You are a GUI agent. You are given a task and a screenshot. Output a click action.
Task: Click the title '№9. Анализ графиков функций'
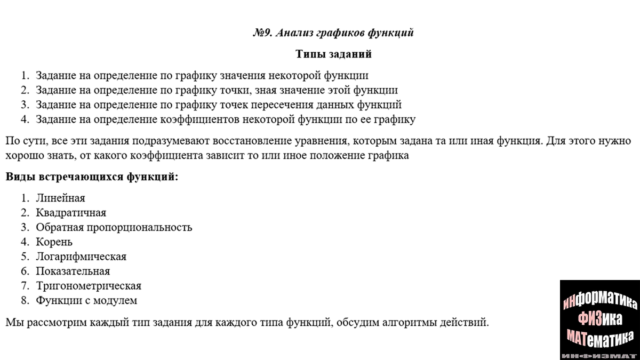point(333,33)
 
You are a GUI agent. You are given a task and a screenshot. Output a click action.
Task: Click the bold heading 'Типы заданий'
point(333,54)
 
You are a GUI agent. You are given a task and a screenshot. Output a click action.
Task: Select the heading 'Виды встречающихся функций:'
point(92,177)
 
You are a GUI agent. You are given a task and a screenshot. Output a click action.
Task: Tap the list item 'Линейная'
point(60,198)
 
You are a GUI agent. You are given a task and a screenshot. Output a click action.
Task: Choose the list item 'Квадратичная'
point(71,213)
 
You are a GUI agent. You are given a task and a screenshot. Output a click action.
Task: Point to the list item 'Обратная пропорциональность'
point(114,227)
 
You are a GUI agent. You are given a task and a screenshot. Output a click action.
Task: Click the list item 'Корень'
point(54,242)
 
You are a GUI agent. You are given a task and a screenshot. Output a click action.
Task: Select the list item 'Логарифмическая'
point(81,257)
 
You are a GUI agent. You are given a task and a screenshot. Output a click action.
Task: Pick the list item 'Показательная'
point(73,271)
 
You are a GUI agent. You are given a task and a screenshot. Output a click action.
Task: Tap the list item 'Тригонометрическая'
point(89,286)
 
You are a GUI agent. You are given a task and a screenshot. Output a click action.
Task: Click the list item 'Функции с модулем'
point(86,300)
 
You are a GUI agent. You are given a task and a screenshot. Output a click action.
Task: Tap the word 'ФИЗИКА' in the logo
point(600,319)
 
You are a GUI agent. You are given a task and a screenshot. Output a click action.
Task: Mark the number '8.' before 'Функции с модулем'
point(25,300)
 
